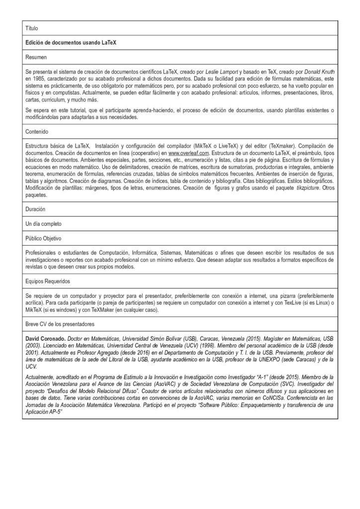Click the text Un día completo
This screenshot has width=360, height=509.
tap(44, 224)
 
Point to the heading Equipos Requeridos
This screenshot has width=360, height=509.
tap(48, 281)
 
